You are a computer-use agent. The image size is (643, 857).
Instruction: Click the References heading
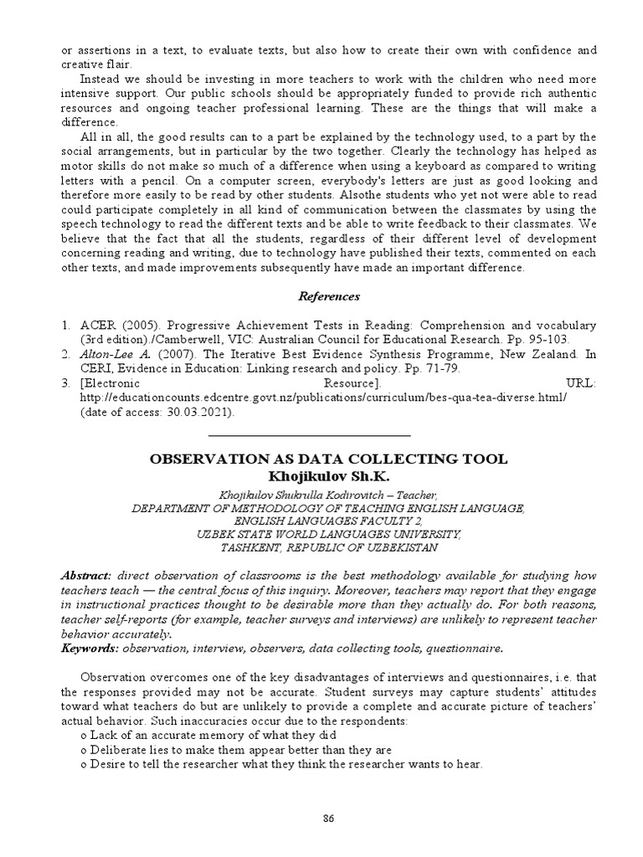tap(330, 296)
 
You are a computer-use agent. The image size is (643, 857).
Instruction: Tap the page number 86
tap(329, 819)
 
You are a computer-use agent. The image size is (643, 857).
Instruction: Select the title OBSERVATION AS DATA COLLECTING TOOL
tap(327, 459)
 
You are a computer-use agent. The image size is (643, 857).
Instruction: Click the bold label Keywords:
tap(90, 648)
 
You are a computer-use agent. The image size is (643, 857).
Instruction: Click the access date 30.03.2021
tap(201, 413)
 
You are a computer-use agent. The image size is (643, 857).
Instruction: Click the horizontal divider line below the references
tap(309, 436)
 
